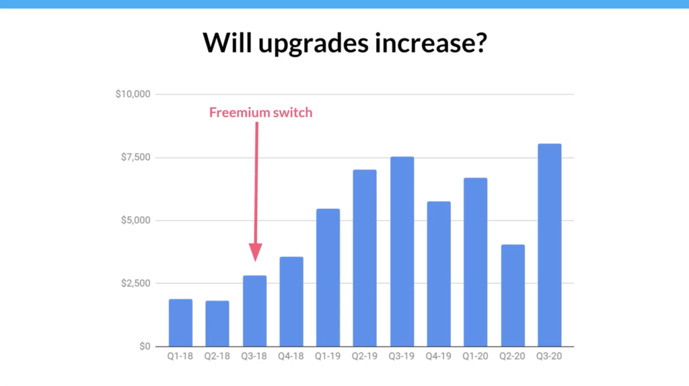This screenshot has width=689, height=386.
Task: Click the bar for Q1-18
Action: [180, 323]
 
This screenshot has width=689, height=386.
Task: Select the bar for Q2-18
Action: [217, 323]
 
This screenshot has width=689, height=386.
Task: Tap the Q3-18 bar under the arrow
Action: [254, 311]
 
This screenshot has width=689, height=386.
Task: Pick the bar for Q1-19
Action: [328, 277]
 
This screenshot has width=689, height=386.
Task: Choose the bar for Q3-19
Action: [402, 252]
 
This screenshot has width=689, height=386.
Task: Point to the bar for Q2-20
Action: [512, 295]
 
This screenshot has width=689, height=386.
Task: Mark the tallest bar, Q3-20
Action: [549, 245]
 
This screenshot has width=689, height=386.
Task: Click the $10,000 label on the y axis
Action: [133, 94]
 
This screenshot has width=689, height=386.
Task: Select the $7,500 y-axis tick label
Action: [136, 157]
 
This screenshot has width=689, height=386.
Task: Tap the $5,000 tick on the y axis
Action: [136, 221]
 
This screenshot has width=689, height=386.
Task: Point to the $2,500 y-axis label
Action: [136, 284]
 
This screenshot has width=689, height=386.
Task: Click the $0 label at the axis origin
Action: [143, 347]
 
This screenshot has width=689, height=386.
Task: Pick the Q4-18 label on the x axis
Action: [291, 357]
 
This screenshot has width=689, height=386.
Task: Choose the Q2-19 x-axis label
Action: [365, 357]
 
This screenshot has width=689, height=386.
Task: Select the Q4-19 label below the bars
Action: [439, 357]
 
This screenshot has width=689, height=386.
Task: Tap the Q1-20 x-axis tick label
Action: [475, 357]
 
